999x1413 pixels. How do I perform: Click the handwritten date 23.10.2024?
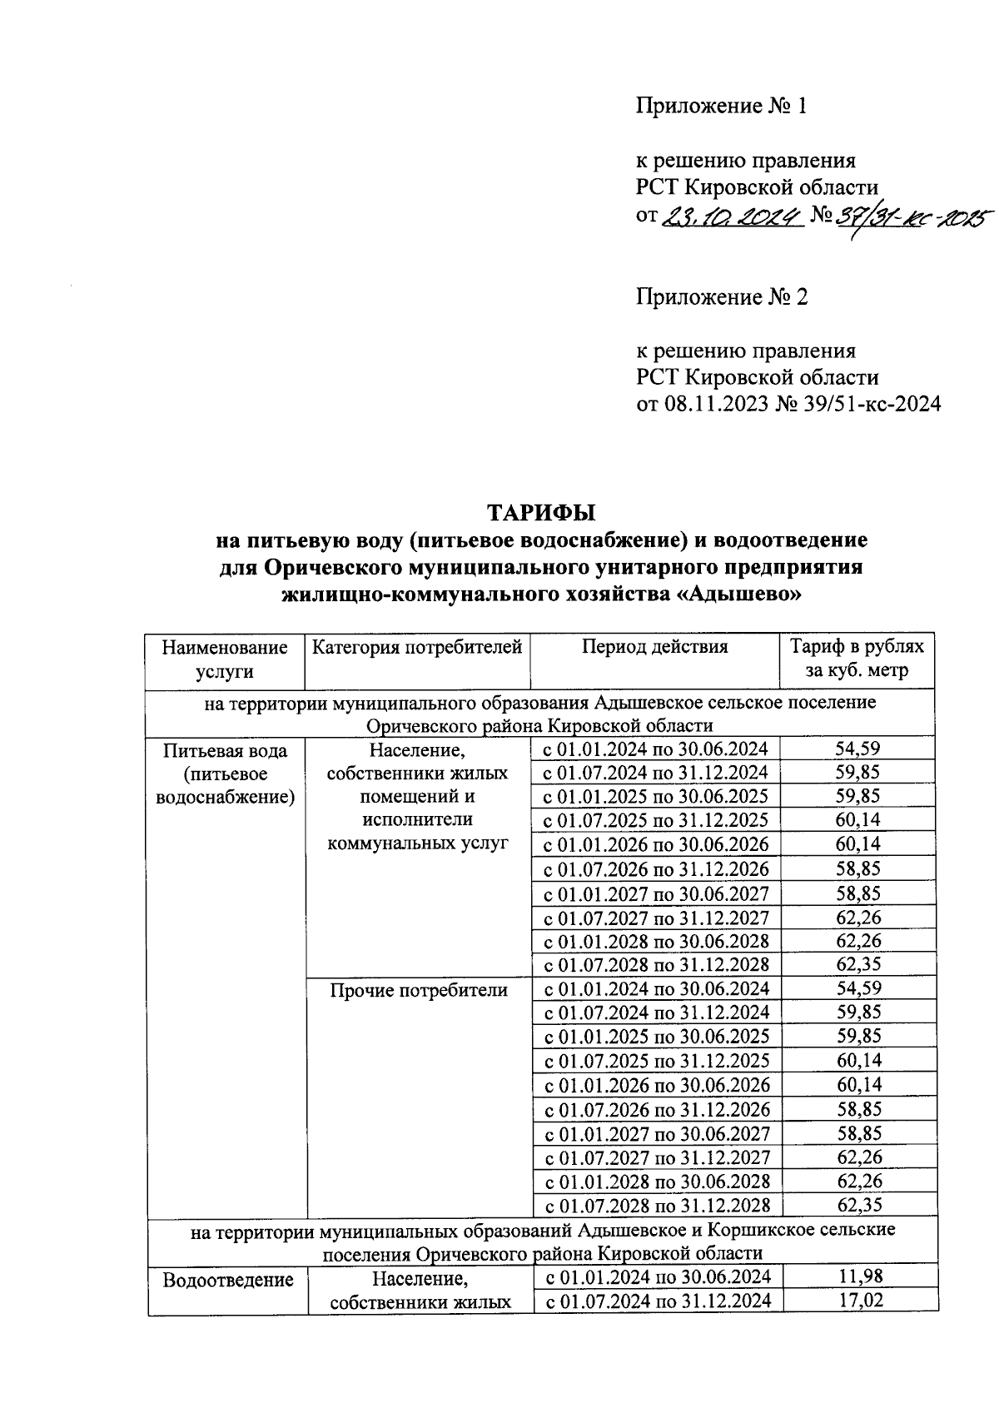[732, 216]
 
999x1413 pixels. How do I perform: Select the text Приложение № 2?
[722, 297]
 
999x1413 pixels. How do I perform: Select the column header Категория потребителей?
[417, 647]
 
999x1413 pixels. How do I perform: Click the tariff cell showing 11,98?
[859, 1276]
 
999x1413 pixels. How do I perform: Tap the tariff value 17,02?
[859, 1301]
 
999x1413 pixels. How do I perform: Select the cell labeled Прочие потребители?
[418, 990]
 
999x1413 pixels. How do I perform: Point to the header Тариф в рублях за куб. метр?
[857, 659]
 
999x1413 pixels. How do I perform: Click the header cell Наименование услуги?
[225, 659]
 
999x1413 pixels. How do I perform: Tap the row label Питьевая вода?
[226, 750]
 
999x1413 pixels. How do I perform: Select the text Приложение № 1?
[722, 106]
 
